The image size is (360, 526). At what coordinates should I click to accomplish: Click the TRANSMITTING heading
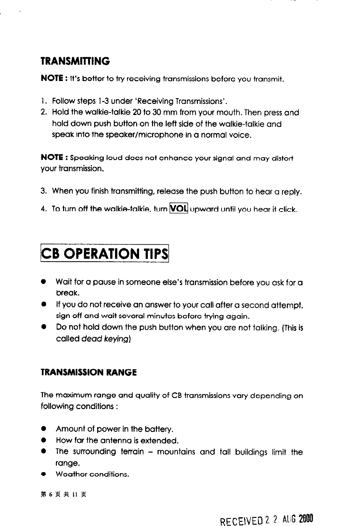pyautogui.click(x=75, y=61)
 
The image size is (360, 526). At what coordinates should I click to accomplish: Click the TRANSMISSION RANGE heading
pyautogui.click(x=89, y=372)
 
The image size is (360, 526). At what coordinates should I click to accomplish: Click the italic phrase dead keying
pyautogui.click(x=105, y=339)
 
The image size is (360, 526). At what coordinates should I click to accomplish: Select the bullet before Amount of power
pyautogui.click(x=43, y=429)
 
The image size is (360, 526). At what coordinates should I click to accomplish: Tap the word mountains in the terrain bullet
pyautogui.click(x=176, y=452)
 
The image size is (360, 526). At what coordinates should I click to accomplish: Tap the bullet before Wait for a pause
pyautogui.click(x=43, y=282)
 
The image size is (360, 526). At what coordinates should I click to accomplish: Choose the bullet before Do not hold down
pyautogui.click(x=43, y=327)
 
